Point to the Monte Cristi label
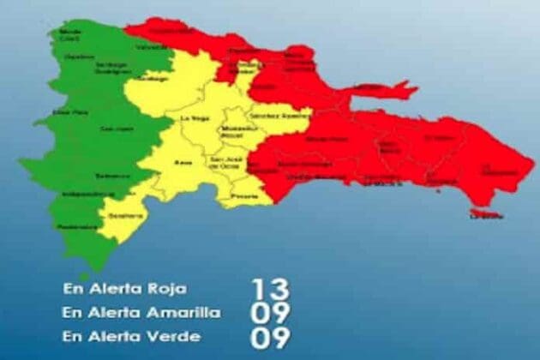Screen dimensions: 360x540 pyautogui.click(x=70, y=36)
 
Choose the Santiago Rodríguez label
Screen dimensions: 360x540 pyautogui.click(x=111, y=68)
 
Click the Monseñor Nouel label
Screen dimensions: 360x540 pyautogui.click(x=233, y=133)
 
